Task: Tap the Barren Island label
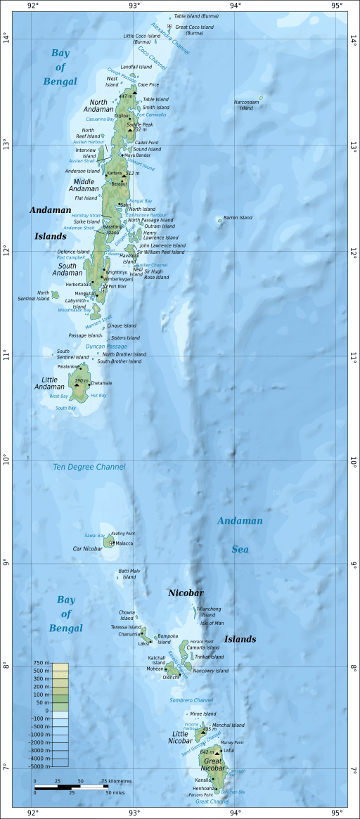(238, 218)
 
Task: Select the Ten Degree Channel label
(89, 467)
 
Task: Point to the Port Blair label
(117, 286)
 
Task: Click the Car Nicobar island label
(88, 548)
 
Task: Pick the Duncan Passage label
(106, 347)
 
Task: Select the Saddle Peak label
(139, 124)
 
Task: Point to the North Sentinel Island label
(44, 295)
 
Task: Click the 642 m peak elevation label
(207, 752)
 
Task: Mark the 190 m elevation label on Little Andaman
(81, 380)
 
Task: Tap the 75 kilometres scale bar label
(116, 781)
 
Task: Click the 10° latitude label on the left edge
(7, 460)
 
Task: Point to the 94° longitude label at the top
(236, 6)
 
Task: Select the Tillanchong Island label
(209, 612)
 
